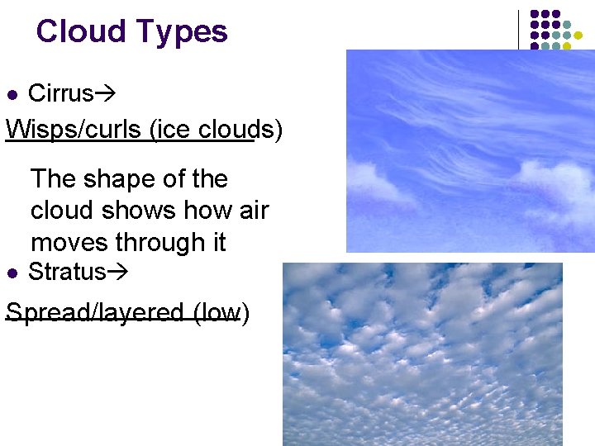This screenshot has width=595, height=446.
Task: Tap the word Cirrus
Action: pos(60,93)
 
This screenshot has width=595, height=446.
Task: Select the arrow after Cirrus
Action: pos(106,94)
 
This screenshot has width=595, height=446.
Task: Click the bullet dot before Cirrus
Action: pos(12,94)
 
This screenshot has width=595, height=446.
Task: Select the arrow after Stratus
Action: pos(119,273)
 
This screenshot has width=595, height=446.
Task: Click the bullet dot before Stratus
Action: pos(12,273)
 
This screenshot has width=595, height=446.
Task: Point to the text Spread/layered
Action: pos(95,313)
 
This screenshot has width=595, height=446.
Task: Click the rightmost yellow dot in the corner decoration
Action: pos(589,36)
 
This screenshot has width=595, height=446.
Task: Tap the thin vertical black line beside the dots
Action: pos(518,30)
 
